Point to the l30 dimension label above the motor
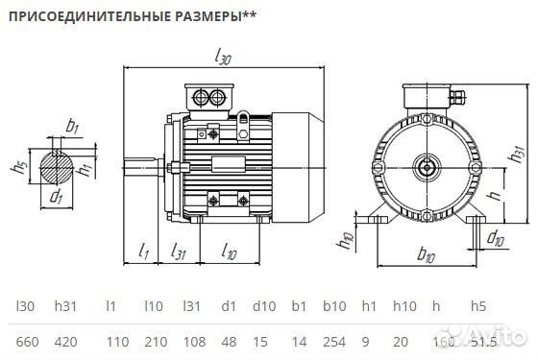coord(224,59)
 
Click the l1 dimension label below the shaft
coord(143,252)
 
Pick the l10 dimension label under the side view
coord(229,252)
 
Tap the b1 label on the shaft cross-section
coord(73,126)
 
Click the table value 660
coord(28,341)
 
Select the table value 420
coord(66,341)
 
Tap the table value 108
coord(193,341)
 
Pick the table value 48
coord(229,341)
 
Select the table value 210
coord(154,341)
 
